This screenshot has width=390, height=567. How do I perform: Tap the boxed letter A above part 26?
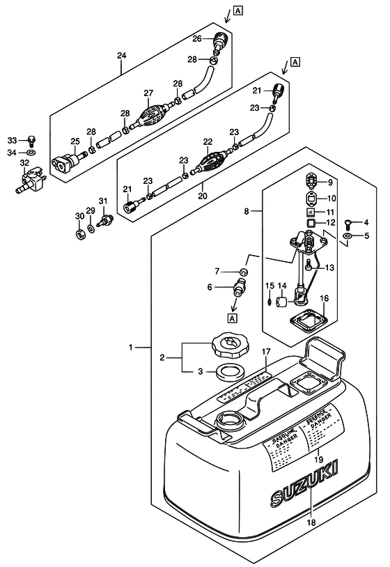click(238, 10)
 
